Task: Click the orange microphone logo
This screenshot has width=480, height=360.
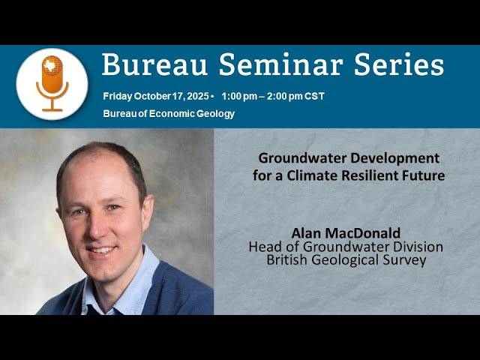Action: tap(52, 83)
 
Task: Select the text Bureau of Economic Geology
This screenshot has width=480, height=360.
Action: tap(169, 114)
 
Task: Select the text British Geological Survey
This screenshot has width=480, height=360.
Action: tap(346, 260)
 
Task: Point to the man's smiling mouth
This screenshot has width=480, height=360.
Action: tap(102, 249)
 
